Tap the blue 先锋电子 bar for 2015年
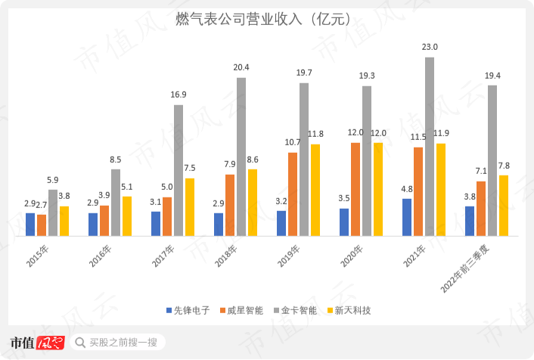30,224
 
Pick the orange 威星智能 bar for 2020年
355,189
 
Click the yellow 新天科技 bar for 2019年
315,190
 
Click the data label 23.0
430,48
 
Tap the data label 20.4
241,67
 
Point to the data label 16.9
179,95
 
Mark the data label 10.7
293,142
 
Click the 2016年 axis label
100,256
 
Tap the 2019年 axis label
288,256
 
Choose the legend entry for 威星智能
241,310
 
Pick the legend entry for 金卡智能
295,310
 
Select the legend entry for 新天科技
349,310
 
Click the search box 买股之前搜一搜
121,343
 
